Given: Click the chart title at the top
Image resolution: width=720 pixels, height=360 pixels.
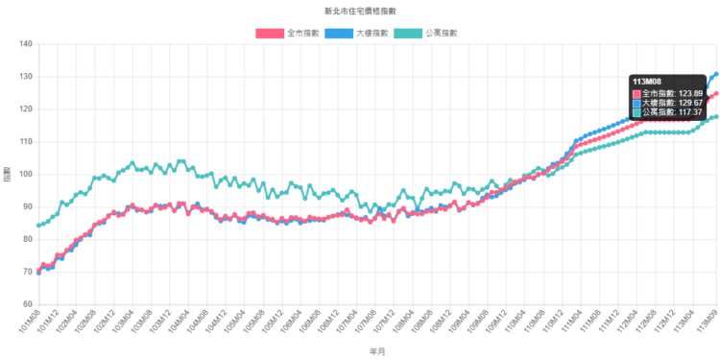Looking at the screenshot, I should (361, 11).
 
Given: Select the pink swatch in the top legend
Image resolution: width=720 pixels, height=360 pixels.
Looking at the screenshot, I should (270, 33).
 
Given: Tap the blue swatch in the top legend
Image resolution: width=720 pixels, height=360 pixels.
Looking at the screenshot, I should (339, 33).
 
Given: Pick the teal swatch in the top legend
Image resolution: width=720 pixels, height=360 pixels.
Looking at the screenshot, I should (408, 33).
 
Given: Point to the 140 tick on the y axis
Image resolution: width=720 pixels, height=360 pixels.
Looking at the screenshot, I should (26, 43).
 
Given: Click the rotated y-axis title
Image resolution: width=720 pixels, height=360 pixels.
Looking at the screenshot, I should (8, 174).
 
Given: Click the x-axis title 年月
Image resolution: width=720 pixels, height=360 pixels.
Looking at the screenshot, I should (377, 352).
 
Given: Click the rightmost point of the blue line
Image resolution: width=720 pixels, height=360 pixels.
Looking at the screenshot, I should (716, 73).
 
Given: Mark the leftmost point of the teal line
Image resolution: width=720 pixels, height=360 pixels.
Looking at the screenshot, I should (37, 227).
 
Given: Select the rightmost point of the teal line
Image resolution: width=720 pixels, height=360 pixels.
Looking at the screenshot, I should (716, 115).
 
